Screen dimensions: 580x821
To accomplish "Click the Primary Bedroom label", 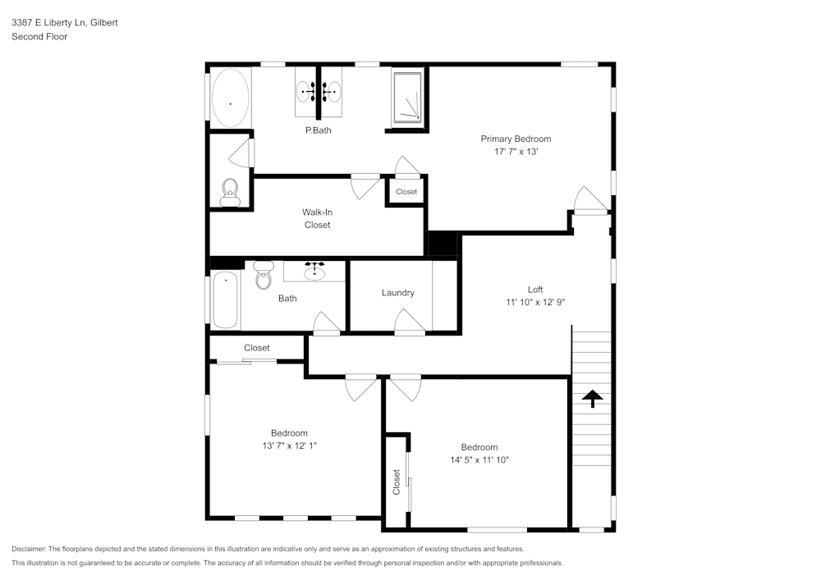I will click(516, 139).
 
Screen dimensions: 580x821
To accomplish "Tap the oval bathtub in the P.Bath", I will click(230, 98).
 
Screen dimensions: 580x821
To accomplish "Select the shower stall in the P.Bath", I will click(408, 98).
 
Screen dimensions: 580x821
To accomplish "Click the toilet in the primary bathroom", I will click(230, 192).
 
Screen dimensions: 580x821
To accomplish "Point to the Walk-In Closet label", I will click(317, 218).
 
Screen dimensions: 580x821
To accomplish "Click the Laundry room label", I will click(397, 293).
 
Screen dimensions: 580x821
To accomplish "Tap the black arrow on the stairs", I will click(592, 399).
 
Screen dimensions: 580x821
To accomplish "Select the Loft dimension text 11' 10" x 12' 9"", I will click(535, 302).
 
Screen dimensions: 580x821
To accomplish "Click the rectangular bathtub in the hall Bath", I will click(225, 299).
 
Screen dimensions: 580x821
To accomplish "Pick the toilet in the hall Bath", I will click(263, 276).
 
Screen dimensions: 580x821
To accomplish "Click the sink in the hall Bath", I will click(314, 270).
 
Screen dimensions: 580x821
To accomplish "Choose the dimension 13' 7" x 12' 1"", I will click(289, 445).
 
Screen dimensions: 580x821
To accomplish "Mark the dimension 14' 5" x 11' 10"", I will click(479, 460).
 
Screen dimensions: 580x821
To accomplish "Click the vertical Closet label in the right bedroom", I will click(397, 482).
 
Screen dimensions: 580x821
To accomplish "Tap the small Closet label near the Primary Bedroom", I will click(406, 192).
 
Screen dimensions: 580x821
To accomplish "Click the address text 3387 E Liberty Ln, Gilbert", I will click(64, 23).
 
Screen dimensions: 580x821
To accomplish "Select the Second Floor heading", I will click(39, 37).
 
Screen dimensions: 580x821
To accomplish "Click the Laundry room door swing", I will click(408, 321).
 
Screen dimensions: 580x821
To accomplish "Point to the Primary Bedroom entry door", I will click(588, 200).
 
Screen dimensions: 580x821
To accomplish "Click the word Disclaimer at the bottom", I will click(30, 549).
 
